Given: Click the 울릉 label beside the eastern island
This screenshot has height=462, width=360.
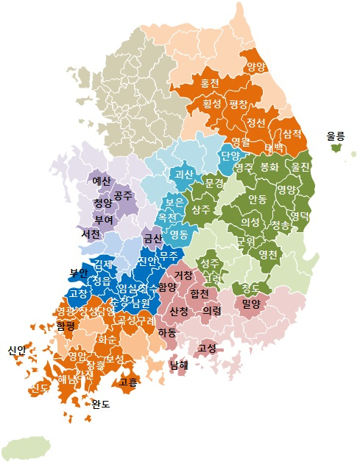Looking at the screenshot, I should [336, 136].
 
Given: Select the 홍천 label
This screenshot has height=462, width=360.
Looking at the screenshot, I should [210, 84].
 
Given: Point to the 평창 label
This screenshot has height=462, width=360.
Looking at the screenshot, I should [239, 104].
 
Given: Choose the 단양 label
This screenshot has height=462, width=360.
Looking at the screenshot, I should [230, 155].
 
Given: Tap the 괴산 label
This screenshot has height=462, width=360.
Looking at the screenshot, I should [182, 175].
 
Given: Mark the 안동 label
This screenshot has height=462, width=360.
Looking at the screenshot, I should [258, 199].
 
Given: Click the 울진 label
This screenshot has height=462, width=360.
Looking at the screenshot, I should [300, 167].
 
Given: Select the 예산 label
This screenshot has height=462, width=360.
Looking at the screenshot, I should [101, 180].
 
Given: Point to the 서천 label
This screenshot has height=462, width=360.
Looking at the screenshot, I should [91, 234].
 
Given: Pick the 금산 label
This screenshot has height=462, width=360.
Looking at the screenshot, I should [152, 238].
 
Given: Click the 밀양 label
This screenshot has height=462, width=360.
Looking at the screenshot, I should [252, 302].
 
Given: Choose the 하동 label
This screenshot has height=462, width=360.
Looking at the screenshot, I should [167, 332].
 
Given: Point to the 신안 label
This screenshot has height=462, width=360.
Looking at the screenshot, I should [17, 349].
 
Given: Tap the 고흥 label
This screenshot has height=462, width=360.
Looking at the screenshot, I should [127, 382].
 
